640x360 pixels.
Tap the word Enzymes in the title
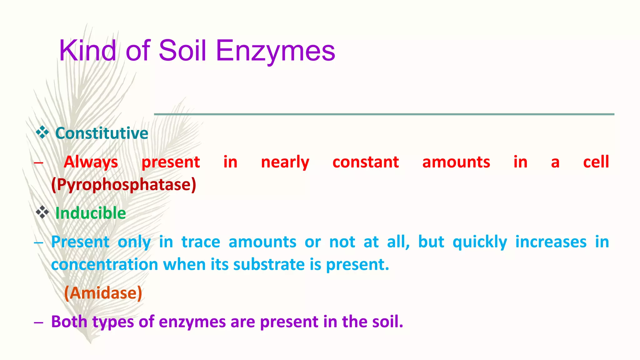click(x=275, y=51)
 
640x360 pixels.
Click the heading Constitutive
click(x=102, y=133)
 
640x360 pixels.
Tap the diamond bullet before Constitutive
click(x=42, y=132)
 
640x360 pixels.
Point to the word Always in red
click(x=91, y=162)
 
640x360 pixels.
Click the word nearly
click(x=285, y=162)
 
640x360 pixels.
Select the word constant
click(x=366, y=162)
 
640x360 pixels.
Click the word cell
click(x=596, y=162)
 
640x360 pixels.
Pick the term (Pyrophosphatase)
click(x=124, y=184)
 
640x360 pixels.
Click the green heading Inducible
click(x=91, y=213)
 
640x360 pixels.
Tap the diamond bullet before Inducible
click(x=42, y=212)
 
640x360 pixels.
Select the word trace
click(x=201, y=242)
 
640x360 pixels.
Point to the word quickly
click(x=480, y=242)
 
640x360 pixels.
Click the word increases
click(x=551, y=242)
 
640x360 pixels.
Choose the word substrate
click(x=269, y=264)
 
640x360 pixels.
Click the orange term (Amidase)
click(x=103, y=293)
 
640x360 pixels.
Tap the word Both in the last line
click(x=69, y=322)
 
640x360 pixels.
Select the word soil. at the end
click(x=388, y=322)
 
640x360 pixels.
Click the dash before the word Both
click(x=38, y=322)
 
